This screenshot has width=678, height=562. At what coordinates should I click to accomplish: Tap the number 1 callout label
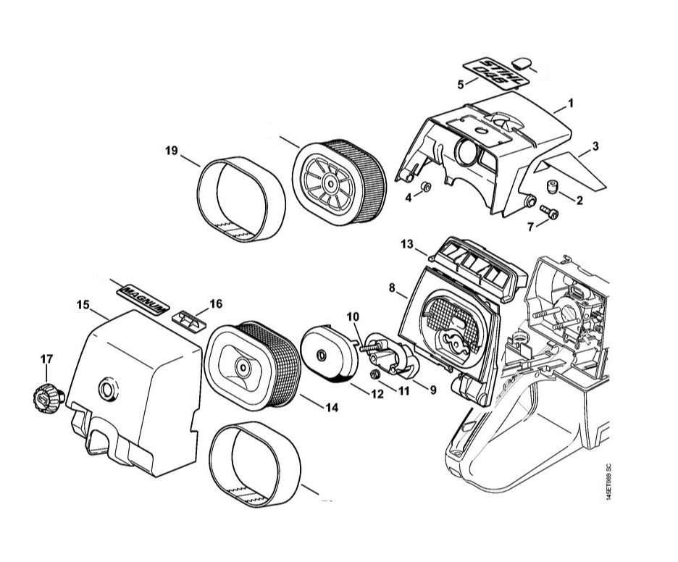(570, 103)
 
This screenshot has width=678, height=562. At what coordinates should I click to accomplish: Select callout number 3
(595, 146)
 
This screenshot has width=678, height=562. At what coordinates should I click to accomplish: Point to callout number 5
(461, 85)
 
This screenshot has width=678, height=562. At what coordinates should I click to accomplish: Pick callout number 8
(392, 288)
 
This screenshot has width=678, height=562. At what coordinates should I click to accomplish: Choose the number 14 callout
(331, 408)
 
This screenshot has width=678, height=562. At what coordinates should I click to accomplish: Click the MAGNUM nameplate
(143, 296)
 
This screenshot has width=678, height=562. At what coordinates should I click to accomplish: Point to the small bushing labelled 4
(426, 188)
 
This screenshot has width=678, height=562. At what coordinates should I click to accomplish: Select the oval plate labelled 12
(330, 354)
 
